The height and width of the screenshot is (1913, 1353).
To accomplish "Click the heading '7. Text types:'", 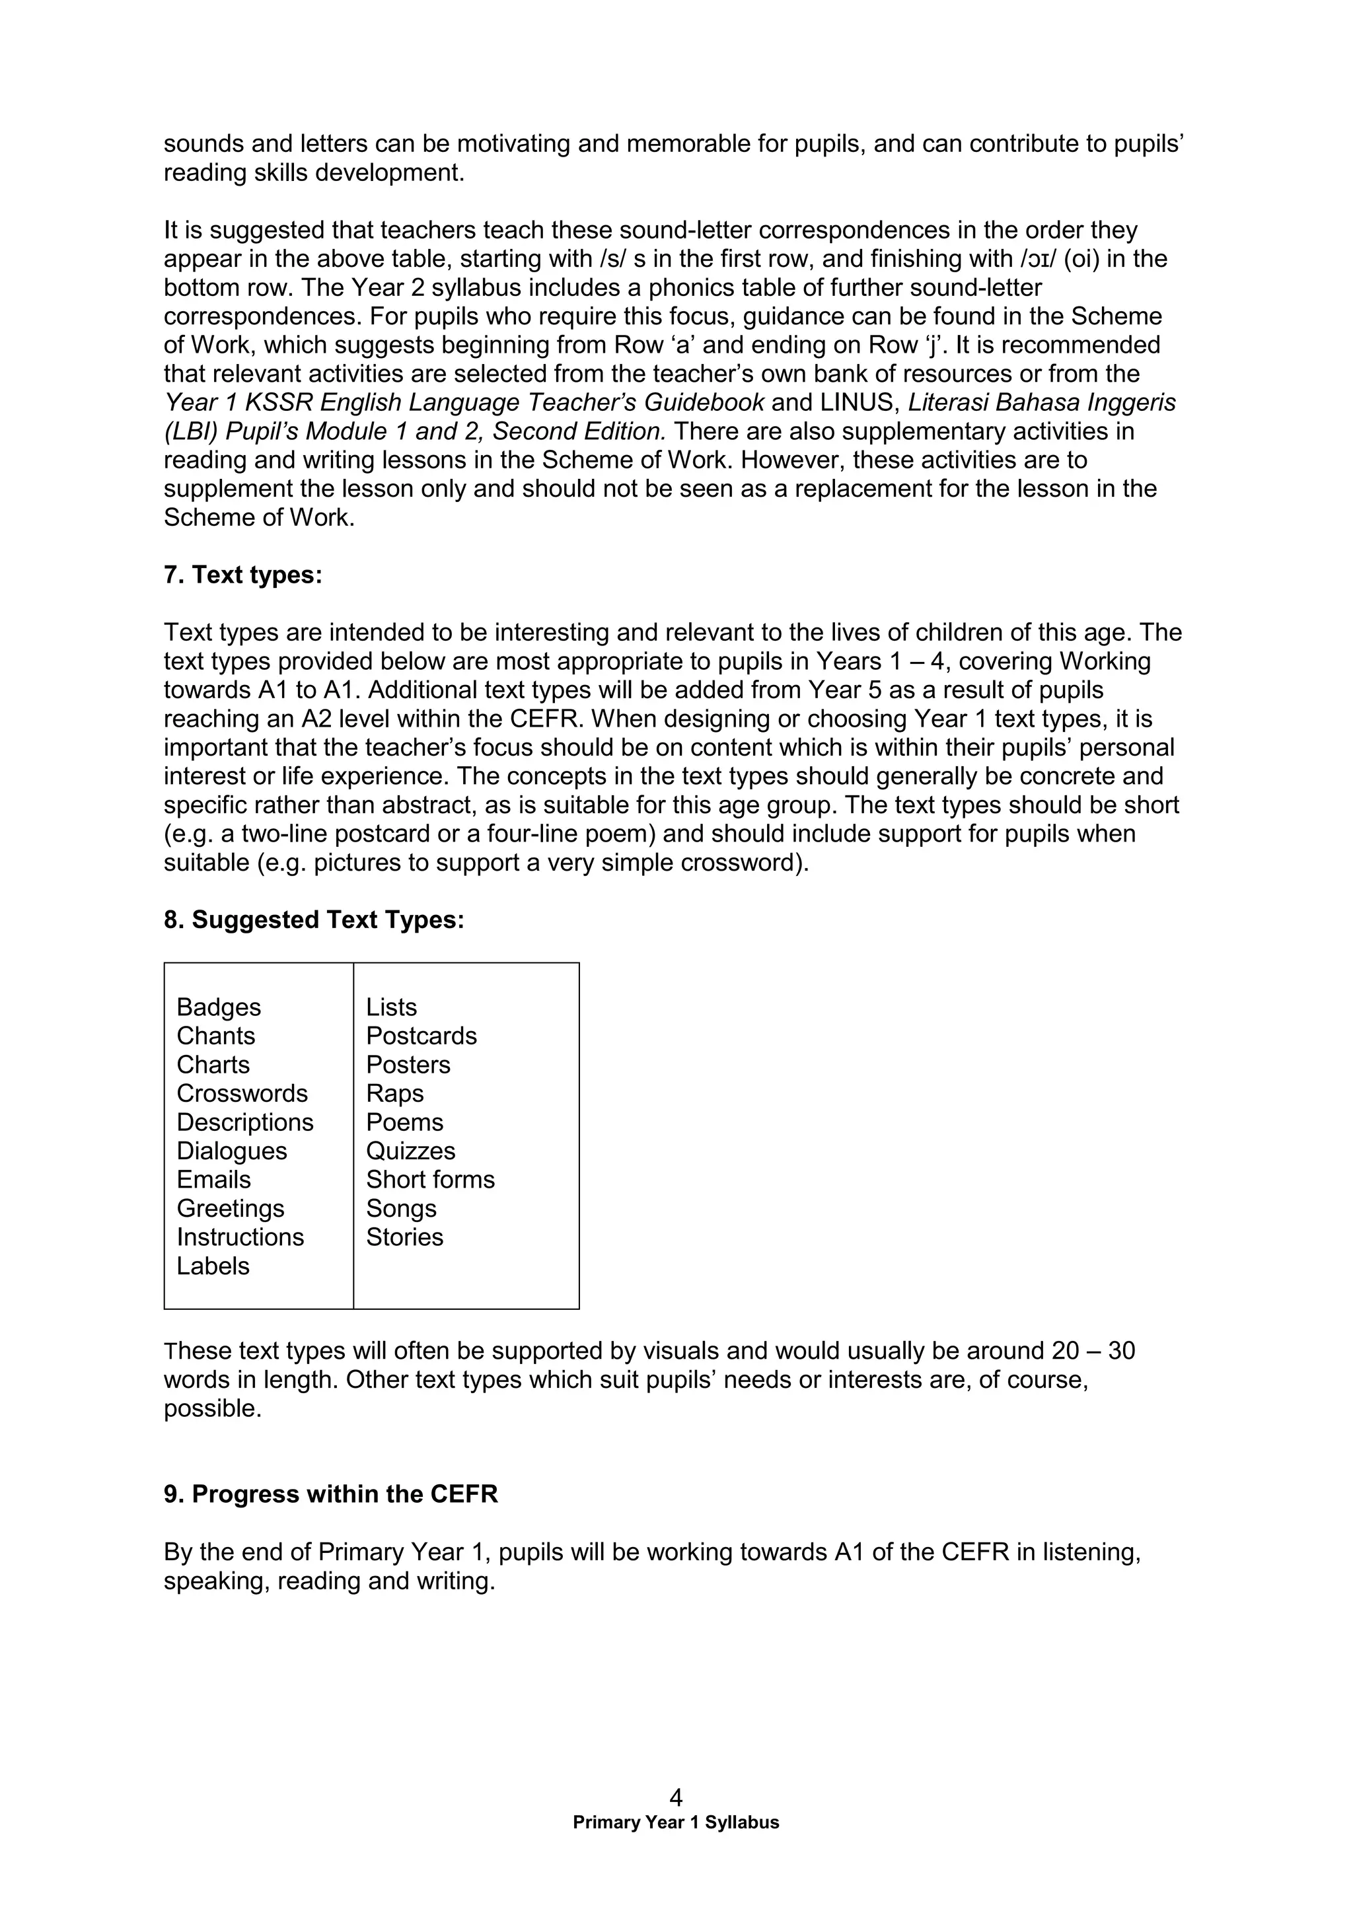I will pos(242,575).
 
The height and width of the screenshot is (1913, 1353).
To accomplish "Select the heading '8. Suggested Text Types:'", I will pos(313,920).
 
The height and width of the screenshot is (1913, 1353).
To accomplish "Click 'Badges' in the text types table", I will pos(218,1007).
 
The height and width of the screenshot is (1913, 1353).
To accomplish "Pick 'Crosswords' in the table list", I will pos(242,1093).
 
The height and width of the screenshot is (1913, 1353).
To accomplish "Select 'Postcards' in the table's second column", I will pos(421,1036).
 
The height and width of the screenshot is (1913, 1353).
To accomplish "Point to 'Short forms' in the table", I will pos(430,1180).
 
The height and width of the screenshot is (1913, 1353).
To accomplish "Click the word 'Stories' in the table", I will pos(404,1237).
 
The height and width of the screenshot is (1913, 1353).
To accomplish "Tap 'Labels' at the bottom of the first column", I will pos(213,1266).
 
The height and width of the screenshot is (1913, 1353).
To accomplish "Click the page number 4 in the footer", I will pos(676,1797).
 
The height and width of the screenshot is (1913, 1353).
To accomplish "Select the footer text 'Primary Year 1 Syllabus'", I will pos(676,1823).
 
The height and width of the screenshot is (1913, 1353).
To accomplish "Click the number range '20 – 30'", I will pos(1092,1351).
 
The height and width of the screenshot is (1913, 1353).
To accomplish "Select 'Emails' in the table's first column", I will pos(213,1180).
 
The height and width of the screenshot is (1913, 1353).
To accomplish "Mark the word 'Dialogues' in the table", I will pos(232,1151).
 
